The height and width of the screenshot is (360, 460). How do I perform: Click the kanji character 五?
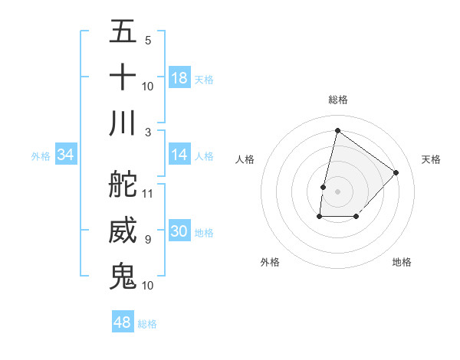click(123, 32)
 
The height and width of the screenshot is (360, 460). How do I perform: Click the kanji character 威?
click(123, 231)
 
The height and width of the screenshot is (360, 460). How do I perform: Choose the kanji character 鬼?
click(123, 276)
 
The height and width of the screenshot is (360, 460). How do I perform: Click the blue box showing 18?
click(179, 78)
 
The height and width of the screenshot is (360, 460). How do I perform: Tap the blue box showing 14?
click(179, 155)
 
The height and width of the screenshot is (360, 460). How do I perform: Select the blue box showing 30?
click(179, 231)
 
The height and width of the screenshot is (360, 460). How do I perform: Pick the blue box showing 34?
click(66, 155)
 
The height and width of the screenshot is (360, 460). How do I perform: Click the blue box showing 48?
click(123, 322)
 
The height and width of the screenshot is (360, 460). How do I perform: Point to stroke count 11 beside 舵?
click(148, 193)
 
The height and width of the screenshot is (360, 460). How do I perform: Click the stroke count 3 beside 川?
click(148, 132)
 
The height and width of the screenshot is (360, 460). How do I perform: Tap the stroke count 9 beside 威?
click(148, 240)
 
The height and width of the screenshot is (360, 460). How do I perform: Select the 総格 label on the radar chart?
click(338, 100)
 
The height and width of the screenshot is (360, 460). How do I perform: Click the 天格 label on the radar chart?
click(432, 159)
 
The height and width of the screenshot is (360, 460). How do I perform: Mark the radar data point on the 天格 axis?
click(396, 172)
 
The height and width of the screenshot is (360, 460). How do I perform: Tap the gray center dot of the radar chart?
click(338, 191)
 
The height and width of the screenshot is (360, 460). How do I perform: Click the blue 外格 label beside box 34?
click(41, 155)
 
